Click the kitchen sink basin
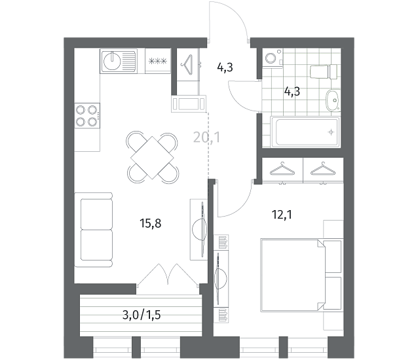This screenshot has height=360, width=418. pyautogui.click(x=111, y=61)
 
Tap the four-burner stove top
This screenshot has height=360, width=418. pyautogui.click(x=87, y=116)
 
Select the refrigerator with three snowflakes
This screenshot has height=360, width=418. pyautogui.click(x=158, y=61)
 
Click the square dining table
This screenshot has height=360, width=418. pyautogui.click(x=152, y=158)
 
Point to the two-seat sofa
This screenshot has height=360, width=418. pyautogui.click(x=94, y=230)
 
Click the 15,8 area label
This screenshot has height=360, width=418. pyautogui.click(x=150, y=223)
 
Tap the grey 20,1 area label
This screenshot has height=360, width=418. pyautogui.click(x=207, y=137)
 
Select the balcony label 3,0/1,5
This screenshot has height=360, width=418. pyautogui.click(x=142, y=315)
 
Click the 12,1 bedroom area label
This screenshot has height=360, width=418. pyautogui.click(x=282, y=214)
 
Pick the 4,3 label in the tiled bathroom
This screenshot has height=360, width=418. pyautogui.click(x=292, y=92)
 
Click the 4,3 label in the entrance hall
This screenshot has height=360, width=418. pyautogui.click(x=225, y=67)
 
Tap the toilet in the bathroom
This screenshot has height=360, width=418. pyautogui.click(x=324, y=71)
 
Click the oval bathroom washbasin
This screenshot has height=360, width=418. pyautogui.click(x=332, y=100)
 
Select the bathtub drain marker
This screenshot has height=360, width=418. pyautogui.click(x=331, y=132)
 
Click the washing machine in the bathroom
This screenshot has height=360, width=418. pyautogui.click(x=273, y=57)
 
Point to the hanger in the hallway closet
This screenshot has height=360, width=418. pyautogui.click(x=187, y=64)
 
